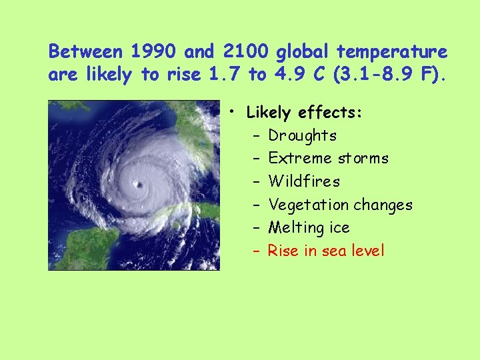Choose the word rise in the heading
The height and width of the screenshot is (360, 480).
[x=183, y=75]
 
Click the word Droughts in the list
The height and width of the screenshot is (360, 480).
[x=302, y=136]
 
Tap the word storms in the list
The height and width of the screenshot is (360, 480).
[x=363, y=159]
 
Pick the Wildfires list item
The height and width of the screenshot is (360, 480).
[x=303, y=181]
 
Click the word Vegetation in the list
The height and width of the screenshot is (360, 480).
[x=305, y=205]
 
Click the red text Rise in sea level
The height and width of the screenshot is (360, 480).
[x=326, y=251]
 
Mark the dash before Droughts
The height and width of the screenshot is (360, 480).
[x=257, y=136]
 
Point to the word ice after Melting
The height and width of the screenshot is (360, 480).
[x=339, y=228]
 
